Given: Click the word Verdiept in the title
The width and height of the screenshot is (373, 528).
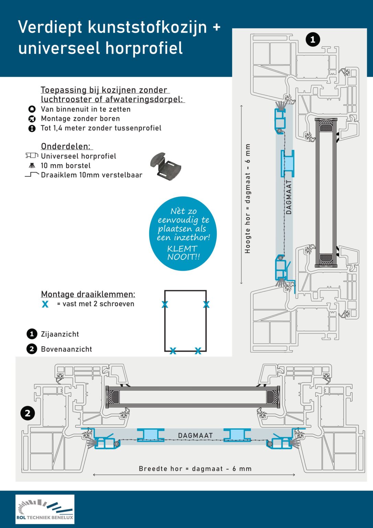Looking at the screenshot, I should click(x=50, y=27).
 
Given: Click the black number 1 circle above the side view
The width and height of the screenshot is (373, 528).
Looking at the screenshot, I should click(x=313, y=40).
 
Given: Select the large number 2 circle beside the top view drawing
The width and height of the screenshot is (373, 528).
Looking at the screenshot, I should click(x=27, y=413).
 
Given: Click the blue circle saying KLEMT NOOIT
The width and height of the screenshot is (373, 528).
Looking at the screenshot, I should click(x=183, y=233).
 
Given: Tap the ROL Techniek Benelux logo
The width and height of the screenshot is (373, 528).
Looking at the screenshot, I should click(x=45, y=509).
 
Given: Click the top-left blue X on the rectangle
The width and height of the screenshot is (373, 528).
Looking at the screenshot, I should click(x=165, y=304).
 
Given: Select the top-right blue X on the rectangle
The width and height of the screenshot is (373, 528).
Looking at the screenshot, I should click(x=206, y=304).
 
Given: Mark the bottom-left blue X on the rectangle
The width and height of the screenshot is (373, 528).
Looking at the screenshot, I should click(x=173, y=351).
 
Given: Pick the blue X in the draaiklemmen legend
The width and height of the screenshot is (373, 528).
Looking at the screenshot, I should click(x=45, y=304).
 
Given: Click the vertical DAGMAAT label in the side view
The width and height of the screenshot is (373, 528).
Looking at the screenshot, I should click(x=289, y=197).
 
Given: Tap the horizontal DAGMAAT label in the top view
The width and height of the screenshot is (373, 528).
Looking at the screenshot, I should click(x=195, y=436).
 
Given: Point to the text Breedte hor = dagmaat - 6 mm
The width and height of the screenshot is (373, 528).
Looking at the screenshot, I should click(x=195, y=469).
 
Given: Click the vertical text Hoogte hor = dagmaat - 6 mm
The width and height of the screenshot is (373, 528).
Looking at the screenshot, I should click(x=248, y=199).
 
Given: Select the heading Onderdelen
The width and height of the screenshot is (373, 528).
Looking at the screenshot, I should click(x=66, y=146).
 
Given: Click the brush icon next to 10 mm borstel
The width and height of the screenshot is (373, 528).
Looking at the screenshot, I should click(x=32, y=165).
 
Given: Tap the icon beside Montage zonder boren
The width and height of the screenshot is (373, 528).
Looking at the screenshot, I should click(x=32, y=119).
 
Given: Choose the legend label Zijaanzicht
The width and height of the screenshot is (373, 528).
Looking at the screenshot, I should click(x=60, y=334).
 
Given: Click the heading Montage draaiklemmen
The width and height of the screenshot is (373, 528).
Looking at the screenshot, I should click(x=88, y=294).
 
